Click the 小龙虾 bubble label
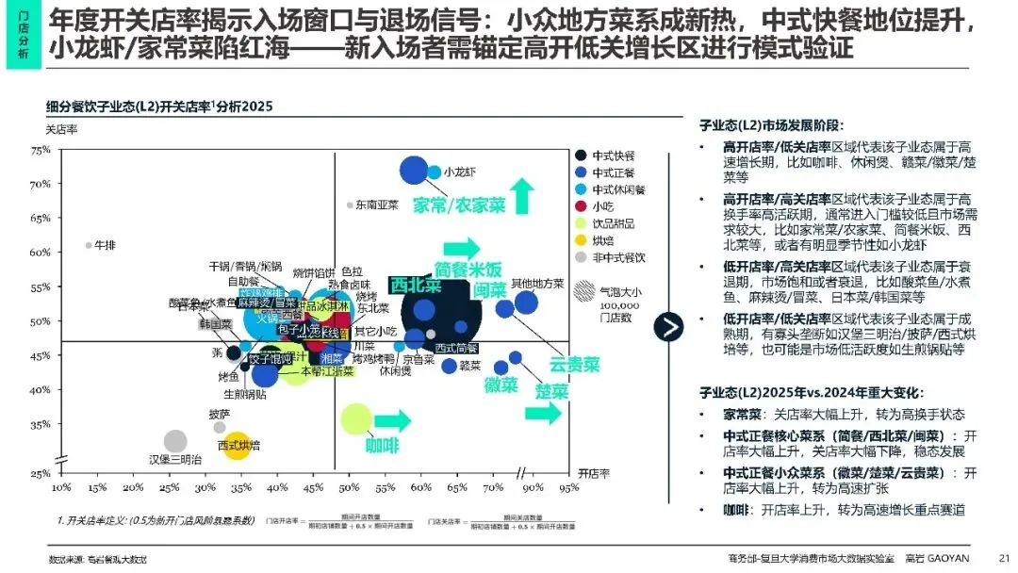(x=460, y=172)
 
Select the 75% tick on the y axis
(x=41, y=150)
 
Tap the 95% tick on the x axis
(x=568, y=488)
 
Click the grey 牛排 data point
(x=89, y=245)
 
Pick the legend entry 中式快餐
(x=614, y=156)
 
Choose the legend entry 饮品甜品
(x=612, y=223)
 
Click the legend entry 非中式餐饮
(x=618, y=257)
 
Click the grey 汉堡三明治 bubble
(x=175, y=441)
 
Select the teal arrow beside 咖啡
(x=393, y=421)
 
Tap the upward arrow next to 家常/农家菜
(x=523, y=197)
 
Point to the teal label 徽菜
(x=501, y=385)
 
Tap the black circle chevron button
(x=670, y=327)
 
